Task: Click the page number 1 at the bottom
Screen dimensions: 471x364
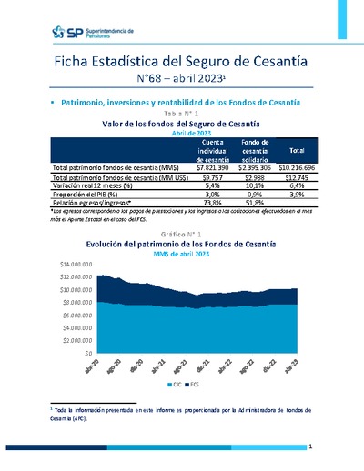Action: (310, 446)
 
